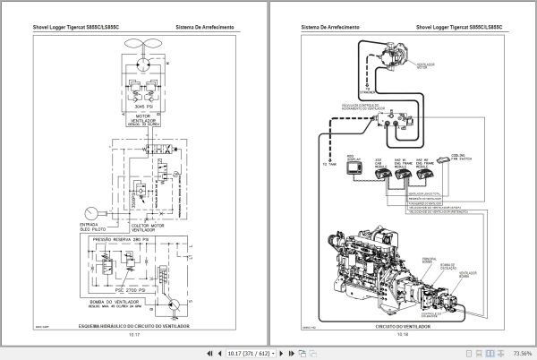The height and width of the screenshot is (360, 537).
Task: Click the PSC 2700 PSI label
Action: tap(141, 293)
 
